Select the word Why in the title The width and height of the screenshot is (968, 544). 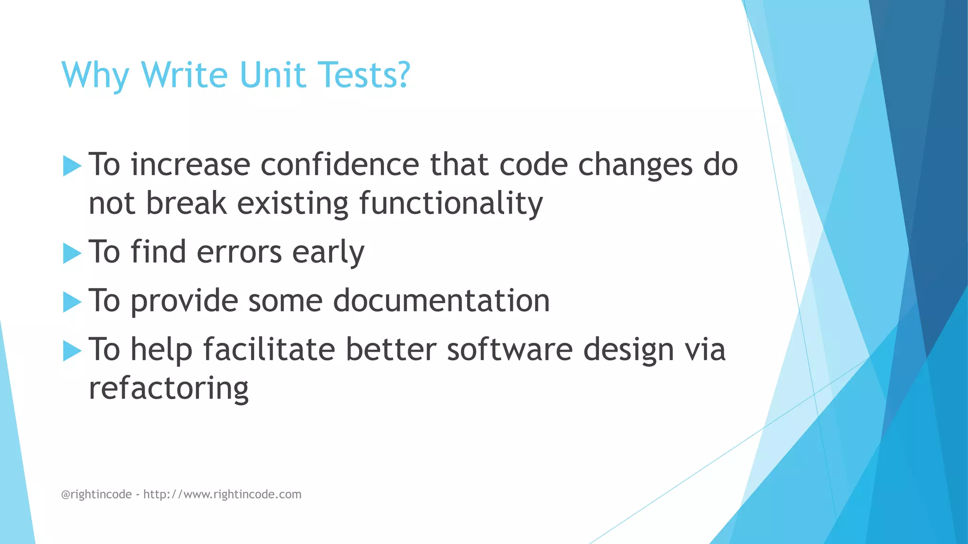(95, 76)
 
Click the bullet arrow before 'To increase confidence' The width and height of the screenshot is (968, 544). (72, 166)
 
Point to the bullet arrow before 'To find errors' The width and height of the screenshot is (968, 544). (72, 253)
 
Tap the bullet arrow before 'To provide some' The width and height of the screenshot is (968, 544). (72, 302)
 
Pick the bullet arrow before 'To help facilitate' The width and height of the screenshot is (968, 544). (72, 350)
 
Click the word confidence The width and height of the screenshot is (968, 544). (339, 165)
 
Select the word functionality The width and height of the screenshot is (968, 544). (451, 204)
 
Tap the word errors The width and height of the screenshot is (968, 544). (239, 252)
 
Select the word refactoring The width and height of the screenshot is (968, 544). (169, 388)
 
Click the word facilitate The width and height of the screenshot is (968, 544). (269, 349)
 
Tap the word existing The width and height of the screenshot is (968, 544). (293, 204)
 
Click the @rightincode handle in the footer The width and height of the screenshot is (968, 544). (96, 494)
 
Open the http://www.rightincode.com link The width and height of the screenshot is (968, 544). (222, 494)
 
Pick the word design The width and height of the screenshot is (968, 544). (628, 350)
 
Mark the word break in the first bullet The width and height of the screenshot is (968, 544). (186, 204)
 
